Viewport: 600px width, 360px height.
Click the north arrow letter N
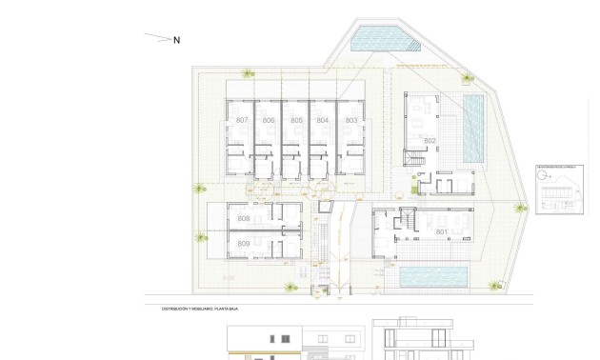176,40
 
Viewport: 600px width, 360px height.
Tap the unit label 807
242,120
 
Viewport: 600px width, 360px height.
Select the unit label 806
270,120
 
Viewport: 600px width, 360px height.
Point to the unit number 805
297,120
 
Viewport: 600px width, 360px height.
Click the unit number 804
324,120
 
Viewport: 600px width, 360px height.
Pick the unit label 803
351,120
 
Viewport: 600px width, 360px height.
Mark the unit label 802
430,141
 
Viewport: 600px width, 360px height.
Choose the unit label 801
442,231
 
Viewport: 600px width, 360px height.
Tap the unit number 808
244,219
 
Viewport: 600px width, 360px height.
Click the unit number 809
244,245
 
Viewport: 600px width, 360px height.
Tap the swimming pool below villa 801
432,276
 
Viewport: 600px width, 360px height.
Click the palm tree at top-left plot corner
249,74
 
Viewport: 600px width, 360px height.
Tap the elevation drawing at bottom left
295,342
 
